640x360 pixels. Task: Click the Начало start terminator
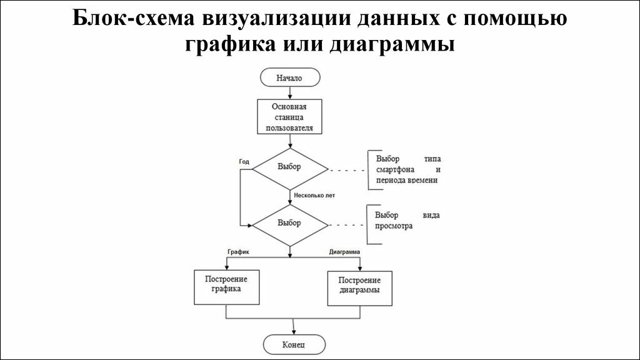pos(289,78)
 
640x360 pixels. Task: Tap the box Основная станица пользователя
pos(289,117)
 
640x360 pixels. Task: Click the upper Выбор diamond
pos(289,167)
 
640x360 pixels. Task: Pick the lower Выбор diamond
pos(289,223)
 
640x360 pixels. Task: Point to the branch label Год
pos(244,161)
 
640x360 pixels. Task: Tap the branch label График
pos(238,251)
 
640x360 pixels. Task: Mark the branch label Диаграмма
pos(344,251)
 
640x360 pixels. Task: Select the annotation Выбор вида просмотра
pos(407,221)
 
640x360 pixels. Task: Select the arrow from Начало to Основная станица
pos(289,92)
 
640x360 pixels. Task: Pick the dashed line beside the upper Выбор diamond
pos(347,169)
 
